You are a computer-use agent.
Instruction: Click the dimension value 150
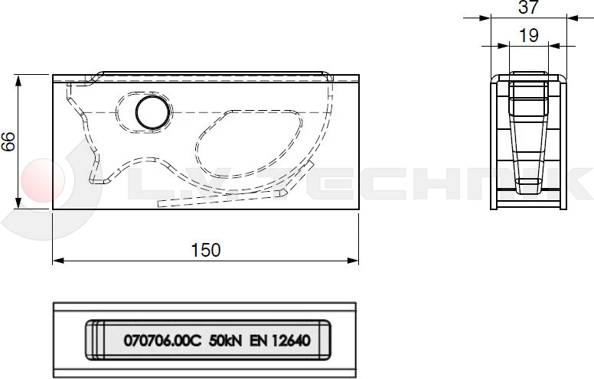(205, 249)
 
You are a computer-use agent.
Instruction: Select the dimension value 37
(528, 8)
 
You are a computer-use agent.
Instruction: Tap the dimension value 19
(528, 35)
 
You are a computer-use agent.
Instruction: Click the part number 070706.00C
(162, 342)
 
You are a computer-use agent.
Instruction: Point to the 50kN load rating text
(226, 342)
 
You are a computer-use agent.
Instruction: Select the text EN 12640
(279, 342)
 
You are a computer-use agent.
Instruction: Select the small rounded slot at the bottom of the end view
(527, 186)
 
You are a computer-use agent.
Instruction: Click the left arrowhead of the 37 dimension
(494, 17)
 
